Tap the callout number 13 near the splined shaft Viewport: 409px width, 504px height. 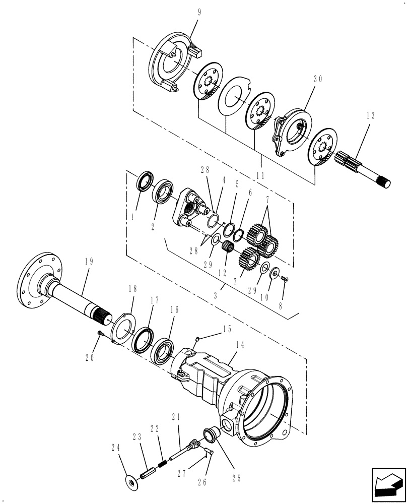coord(371,115)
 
